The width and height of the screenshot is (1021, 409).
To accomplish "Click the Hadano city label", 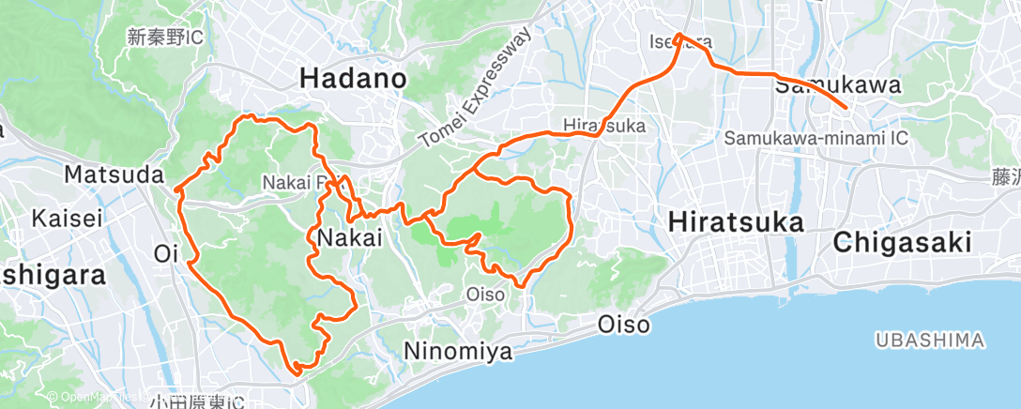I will [353, 80].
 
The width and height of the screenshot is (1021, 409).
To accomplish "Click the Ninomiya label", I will [458, 352].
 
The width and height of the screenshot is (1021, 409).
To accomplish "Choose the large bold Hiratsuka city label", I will [737, 222].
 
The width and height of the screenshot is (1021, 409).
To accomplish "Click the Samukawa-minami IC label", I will [816, 139].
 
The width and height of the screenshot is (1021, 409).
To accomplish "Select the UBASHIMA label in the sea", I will [928, 339].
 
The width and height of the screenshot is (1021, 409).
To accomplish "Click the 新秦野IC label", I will [165, 38].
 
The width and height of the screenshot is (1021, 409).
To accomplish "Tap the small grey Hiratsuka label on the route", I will [601, 125].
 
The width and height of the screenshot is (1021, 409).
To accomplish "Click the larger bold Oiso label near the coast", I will [624, 325].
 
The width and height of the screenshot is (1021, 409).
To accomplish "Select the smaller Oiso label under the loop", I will [486, 295].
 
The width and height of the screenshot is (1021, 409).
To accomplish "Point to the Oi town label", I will [166, 253].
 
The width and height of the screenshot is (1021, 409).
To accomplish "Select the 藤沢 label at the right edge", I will [1006, 175].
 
